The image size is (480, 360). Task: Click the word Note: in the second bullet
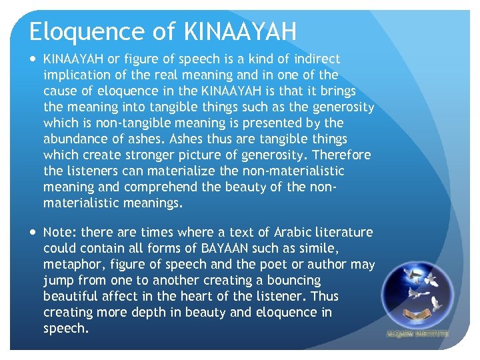60,233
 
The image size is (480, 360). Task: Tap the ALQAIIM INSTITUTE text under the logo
418,333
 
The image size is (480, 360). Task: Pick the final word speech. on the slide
65,329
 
